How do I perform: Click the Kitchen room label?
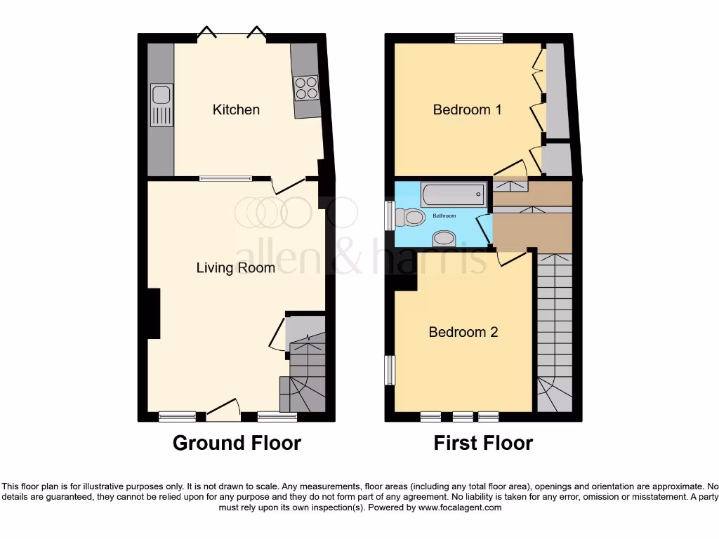[x=236, y=109]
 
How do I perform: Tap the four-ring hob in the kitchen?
[x=306, y=88]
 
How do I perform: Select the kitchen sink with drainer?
[x=161, y=105]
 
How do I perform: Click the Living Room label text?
[x=235, y=267]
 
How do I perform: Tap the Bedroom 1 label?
[x=467, y=109]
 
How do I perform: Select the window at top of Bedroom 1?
[x=478, y=39]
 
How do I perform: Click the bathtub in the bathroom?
[x=453, y=192]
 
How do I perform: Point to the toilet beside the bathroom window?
[x=409, y=216]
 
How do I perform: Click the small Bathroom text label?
[x=444, y=215]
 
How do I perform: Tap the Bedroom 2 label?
[x=463, y=332]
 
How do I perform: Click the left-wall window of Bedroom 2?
[x=390, y=370]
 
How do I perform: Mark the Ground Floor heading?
[x=237, y=444]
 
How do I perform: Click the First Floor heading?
[x=483, y=444]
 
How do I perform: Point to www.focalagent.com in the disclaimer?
[x=461, y=507]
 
